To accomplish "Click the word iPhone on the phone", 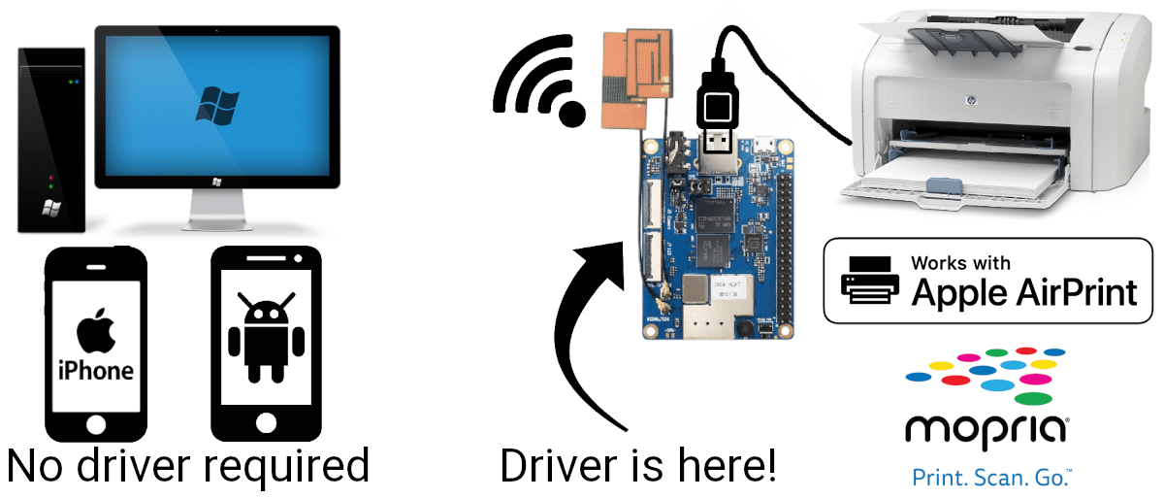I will point(96,371).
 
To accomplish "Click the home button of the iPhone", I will point(96,424).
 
